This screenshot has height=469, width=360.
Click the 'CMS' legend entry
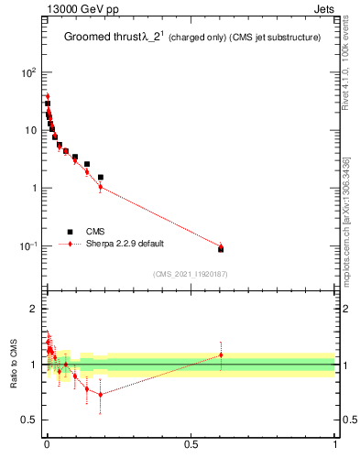tap(95, 232)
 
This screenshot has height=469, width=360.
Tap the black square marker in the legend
tap(70, 232)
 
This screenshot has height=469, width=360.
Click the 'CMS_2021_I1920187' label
tap(189, 274)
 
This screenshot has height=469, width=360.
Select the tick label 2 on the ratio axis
tap(33, 309)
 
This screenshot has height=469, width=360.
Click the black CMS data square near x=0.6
tap(221, 249)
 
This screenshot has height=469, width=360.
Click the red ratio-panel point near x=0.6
tap(221, 354)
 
